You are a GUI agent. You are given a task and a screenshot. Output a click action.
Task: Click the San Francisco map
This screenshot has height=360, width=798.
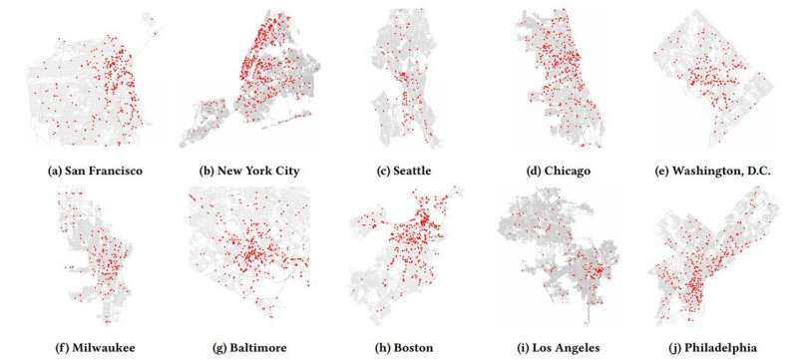tap(95, 85)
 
